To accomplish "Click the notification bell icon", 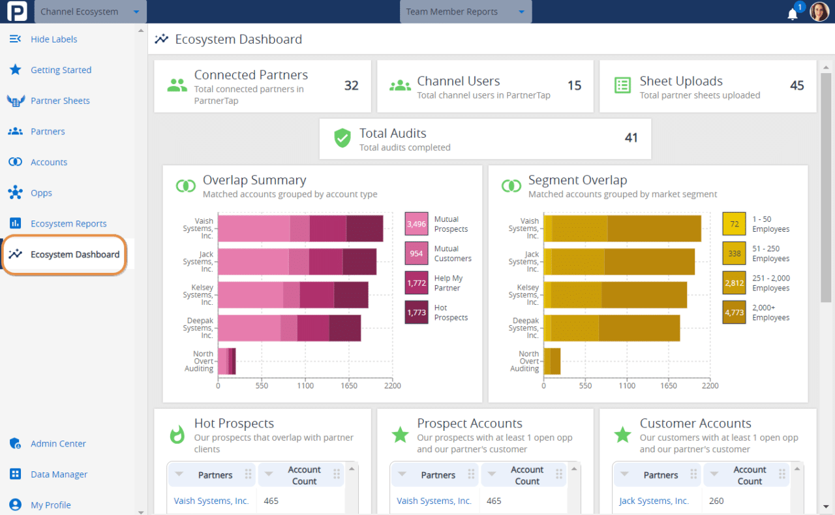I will click(793, 14).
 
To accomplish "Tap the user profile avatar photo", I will click(819, 12).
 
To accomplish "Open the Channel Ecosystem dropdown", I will click(90, 12).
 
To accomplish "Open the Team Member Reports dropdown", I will click(465, 12).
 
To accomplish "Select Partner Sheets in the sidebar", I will click(60, 101).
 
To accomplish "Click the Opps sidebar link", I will click(41, 193).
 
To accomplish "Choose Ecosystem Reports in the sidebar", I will click(68, 223).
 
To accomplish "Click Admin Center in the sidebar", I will click(58, 443).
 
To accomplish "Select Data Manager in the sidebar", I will click(59, 474).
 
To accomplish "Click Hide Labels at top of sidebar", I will click(53, 39).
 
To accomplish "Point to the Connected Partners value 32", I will click(351, 86).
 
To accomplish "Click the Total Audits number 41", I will click(631, 138).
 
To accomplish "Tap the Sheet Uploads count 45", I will click(797, 86).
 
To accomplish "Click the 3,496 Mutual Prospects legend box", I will click(416, 224).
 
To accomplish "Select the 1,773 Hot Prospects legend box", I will click(416, 313).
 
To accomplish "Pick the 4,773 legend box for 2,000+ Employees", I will click(734, 313).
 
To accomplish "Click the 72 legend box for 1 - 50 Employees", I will click(734, 224).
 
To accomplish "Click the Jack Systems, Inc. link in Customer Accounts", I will click(654, 501).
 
